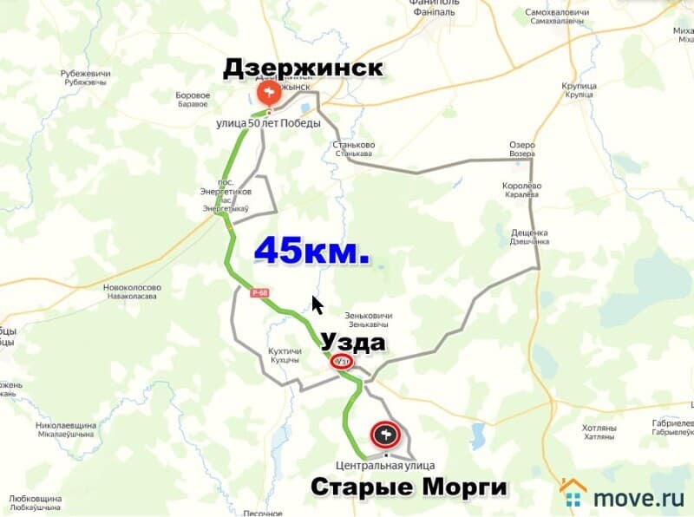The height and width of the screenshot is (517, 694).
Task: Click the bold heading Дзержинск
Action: click(303, 69)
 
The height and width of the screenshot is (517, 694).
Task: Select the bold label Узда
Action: click(353, 342)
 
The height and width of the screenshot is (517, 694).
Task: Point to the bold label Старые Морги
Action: click(409, 488)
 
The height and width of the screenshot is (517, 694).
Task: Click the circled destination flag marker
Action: click(384, 434)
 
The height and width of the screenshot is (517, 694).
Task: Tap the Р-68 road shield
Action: click(261, 293)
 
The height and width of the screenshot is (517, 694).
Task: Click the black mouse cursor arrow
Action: click(318, 305)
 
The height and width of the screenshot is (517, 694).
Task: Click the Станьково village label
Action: click(352, 148)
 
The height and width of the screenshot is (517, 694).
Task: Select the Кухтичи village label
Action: click(285, 355)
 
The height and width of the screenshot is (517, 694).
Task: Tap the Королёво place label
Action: click(522, 190)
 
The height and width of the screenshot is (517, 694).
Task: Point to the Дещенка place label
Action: click(529, 236)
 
